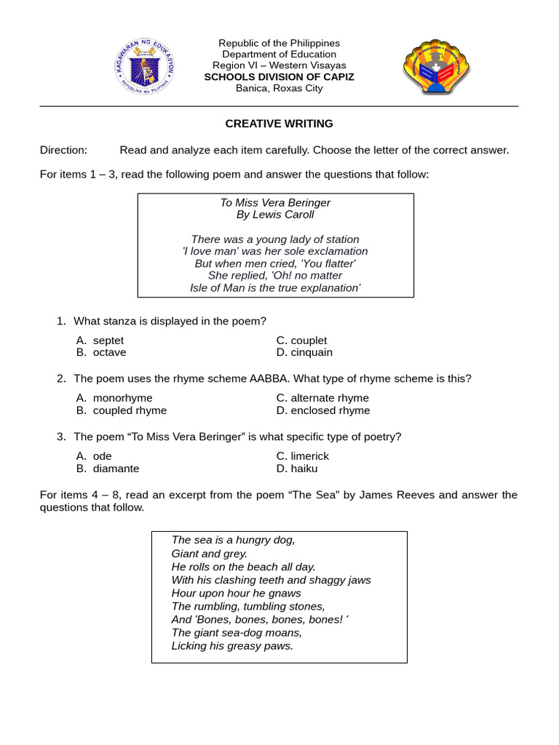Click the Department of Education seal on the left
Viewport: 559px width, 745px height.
(146, 66)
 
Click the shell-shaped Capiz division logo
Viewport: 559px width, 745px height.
(437, 66)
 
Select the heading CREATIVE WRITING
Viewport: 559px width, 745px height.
(279, 124)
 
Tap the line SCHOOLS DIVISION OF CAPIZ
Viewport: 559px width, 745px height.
(279, 77)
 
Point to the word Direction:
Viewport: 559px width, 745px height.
(63, 150)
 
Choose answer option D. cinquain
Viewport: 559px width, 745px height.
(304, 352)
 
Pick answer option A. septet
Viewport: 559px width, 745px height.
(100, 340)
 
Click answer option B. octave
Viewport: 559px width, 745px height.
(101, 352)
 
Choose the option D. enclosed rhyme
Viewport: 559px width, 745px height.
(322, 410)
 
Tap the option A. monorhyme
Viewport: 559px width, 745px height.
(114, 398)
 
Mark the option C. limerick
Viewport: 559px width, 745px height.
(303, 456)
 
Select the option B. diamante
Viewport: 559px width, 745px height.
(108, 469)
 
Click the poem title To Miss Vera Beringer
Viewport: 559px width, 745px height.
(275, 202)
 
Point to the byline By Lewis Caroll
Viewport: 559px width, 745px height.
(275, 215)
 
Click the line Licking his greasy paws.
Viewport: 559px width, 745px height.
(232, 645)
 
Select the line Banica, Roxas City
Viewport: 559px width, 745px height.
(279, 89)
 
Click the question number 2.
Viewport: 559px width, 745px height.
(61, 378)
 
